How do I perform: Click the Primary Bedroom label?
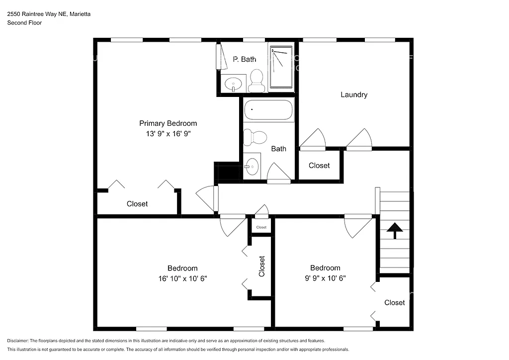click(168, 123)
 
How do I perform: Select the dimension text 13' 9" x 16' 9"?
click(168, 133)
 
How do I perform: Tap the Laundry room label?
click(353, 94)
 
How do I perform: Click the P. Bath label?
click(245, 59)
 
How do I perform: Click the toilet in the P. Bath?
click(256, 81)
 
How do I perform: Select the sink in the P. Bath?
click(232, 84)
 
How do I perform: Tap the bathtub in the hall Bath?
click(268, 110)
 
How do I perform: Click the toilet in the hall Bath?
click(255, 137)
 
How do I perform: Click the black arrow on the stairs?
click(395, 230)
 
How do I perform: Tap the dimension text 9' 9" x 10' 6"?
click(325, 278)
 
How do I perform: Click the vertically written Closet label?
click(262, 266)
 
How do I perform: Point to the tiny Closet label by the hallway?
click(261, 227)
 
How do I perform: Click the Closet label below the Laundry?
click(319, 166)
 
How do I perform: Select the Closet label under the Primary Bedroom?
click(137, 204)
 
